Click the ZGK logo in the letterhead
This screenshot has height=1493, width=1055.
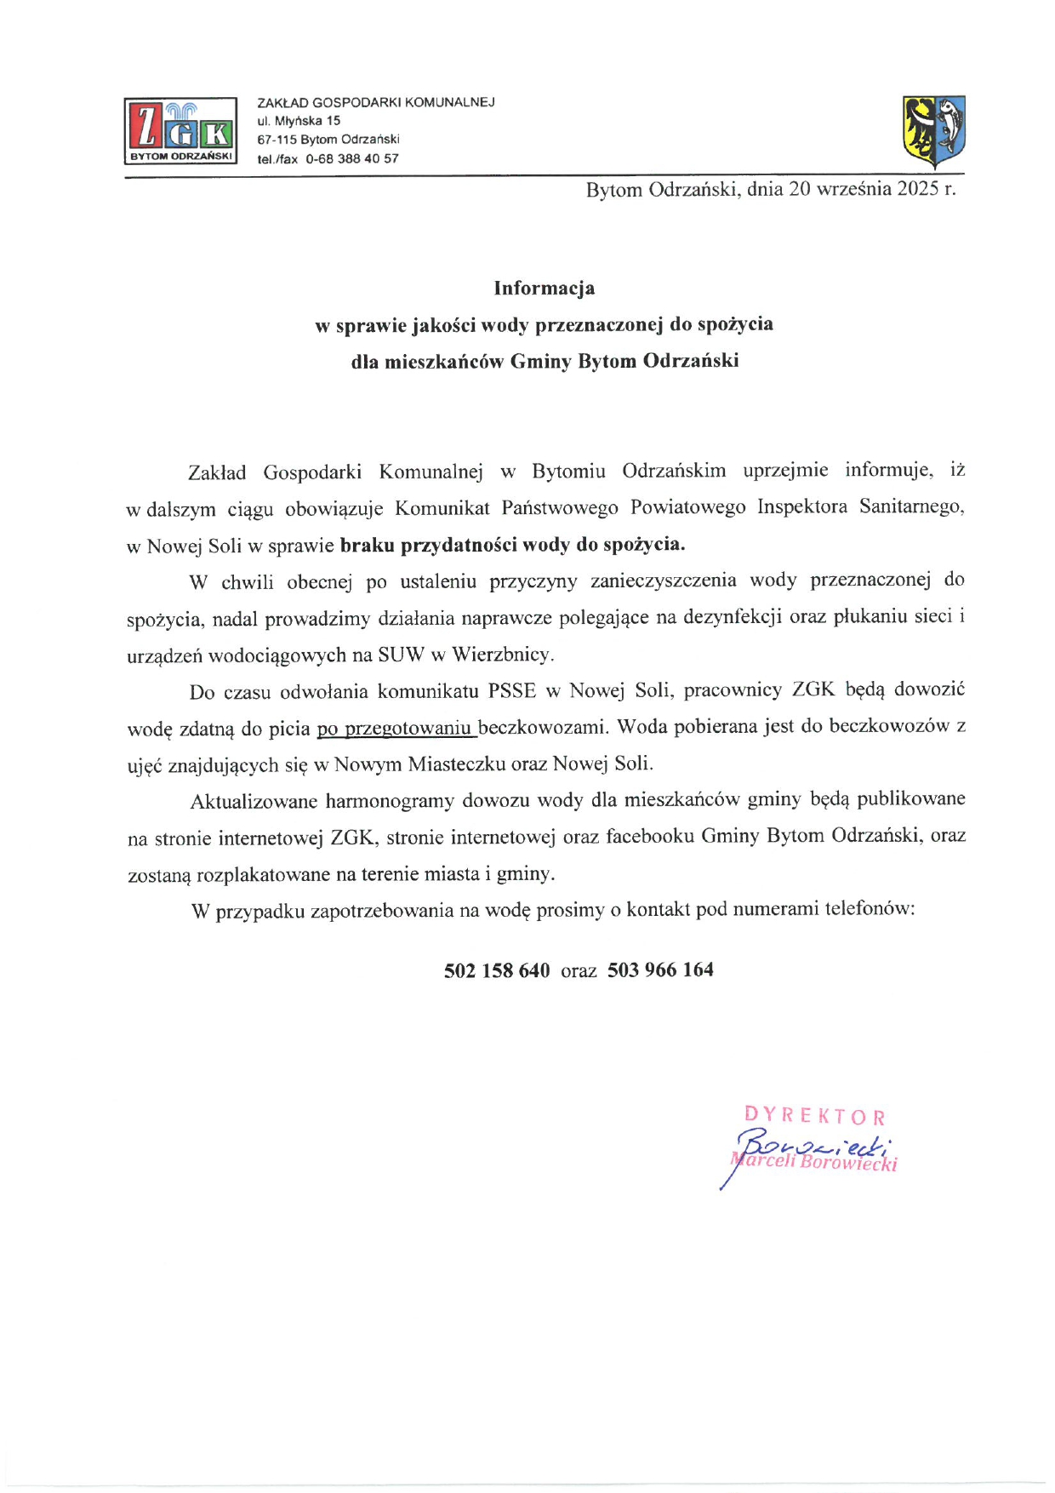click(180, 130)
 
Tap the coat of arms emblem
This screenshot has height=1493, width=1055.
click(933, 132)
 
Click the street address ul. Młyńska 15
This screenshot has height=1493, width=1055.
click(299, 121)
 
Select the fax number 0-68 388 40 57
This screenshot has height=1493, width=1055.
click(352, 159)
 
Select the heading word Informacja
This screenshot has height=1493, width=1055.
click(544, 289)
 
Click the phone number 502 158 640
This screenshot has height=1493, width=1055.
click(497, 970)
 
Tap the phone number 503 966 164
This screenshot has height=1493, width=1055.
click(660, 970)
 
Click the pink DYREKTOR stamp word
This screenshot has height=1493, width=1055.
click(814, 1116)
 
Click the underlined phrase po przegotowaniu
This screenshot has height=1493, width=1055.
click(395, 729)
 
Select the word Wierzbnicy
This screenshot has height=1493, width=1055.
click(502, 655)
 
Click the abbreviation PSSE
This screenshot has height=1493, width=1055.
click(512, 690)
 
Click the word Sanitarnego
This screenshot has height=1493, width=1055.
click(911, 507)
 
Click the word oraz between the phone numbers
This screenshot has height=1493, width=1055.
click(579, 971)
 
